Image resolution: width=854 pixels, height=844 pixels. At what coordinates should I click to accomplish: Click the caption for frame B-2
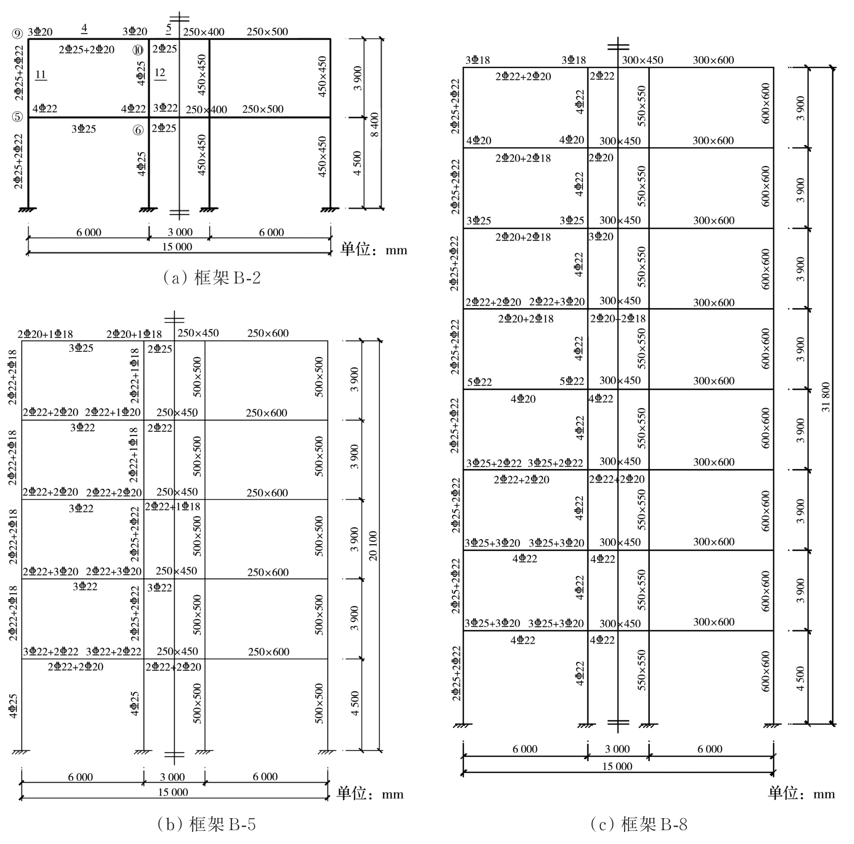[211, 278]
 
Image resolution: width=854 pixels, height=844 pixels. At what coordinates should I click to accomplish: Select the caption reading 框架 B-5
[206, 825]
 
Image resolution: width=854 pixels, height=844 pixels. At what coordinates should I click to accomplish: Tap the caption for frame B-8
[638, 825]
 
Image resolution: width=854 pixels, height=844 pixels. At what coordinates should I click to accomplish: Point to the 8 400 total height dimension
[374, 125]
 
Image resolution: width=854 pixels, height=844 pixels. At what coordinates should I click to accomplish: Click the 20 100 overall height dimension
[373, 546]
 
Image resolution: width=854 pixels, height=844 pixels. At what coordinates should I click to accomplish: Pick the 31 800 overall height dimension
[826, 397]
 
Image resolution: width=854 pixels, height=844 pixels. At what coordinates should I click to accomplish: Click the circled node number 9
[17, 34]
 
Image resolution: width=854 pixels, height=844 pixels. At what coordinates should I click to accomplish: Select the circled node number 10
[138, 50]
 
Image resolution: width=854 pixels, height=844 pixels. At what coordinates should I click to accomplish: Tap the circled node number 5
[17, 117]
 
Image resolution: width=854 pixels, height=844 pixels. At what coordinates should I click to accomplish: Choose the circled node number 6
[138, 130]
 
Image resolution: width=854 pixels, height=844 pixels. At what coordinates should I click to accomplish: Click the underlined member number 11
[41, 75]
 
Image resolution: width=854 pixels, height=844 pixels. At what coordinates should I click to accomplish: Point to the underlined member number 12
[160, 73]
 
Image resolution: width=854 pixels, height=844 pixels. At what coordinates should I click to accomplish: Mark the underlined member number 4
[85, 29]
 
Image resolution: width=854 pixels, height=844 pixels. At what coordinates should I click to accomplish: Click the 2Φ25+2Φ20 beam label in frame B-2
[87, 49]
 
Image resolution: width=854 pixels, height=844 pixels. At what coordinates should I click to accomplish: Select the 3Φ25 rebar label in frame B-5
[81, 348]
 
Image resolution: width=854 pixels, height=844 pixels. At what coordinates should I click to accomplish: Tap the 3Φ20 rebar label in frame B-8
[601, 236]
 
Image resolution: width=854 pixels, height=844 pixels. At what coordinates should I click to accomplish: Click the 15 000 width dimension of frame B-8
[617, 766]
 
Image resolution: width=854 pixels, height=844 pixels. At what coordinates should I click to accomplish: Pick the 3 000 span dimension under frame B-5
[173, 777]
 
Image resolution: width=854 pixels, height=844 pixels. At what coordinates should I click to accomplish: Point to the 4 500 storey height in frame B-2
[358, 163]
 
